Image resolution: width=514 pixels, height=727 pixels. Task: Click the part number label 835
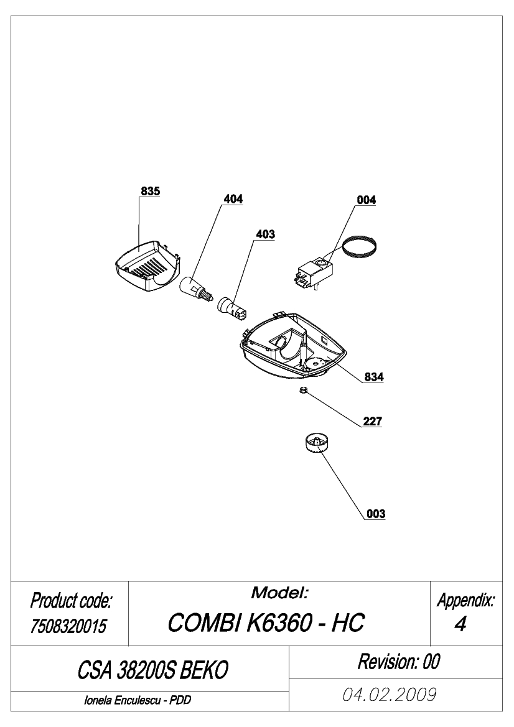[151, 191]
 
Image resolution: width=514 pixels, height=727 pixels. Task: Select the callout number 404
[233, 199]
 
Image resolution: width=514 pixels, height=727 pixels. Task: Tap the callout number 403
[265, 234]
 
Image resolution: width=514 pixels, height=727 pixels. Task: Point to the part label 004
[367, 200]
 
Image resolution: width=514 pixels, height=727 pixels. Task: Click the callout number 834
[374, 377]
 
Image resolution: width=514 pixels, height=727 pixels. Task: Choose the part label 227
[373, 421]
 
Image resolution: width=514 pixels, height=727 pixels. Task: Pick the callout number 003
[376, 514]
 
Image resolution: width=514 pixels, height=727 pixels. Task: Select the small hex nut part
[302, 391]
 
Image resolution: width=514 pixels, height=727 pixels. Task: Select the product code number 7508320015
[68, 626]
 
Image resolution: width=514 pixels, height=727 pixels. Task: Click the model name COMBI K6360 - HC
[266, 623]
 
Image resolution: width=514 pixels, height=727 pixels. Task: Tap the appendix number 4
[460, 624]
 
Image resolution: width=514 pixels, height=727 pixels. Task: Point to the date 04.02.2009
[390, 695]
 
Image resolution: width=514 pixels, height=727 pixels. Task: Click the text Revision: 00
[398, 662]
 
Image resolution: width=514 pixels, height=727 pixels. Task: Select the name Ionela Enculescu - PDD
[138, 700]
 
